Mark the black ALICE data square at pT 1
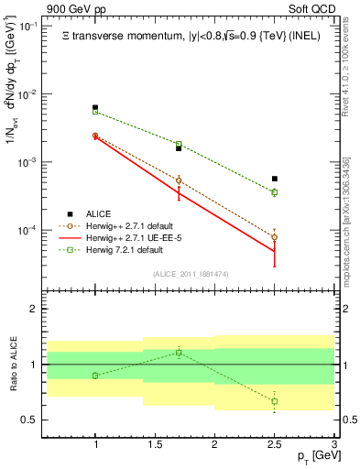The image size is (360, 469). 95,108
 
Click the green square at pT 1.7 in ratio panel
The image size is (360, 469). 179,352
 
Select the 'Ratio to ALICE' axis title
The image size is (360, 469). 10,365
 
